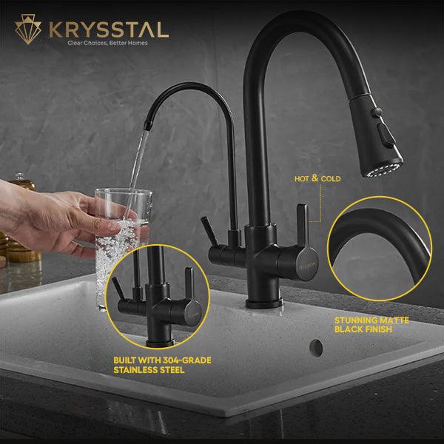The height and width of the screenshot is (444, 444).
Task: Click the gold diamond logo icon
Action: [x=28, y=29]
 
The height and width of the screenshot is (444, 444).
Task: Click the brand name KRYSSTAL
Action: [x=109, y=30]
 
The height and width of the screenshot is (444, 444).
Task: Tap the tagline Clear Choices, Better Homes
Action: [x=107, y=43]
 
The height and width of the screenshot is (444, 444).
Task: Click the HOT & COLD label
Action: [x=317, y=178]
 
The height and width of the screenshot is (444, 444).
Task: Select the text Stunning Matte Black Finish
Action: [x=371, y=325]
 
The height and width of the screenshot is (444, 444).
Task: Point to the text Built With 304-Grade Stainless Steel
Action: [x=162, y=365]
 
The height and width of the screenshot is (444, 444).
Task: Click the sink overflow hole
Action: [x=316, y=348]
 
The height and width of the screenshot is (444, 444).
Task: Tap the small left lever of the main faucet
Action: [x=209, y=231]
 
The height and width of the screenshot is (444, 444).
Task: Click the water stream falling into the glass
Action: [x=136, y=175]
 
